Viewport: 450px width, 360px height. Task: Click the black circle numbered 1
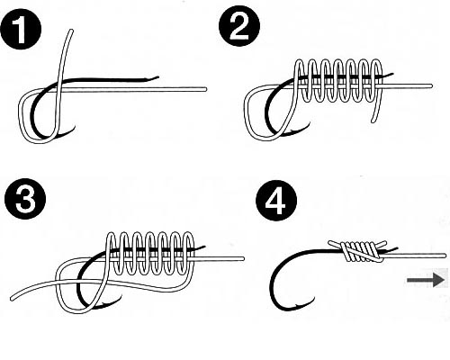[21, 30]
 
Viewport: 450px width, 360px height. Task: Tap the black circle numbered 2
[239, 26]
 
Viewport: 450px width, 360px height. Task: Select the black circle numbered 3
[25, 198]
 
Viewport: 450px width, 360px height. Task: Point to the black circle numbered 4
[276, 201]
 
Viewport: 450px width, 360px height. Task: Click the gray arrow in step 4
[425, 280]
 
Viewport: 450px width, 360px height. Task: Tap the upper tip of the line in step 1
[71, 31]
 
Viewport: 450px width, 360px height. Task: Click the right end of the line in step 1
[205, 89]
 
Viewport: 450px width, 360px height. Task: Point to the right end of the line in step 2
[431, 86]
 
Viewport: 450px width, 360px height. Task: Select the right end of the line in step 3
[243, 258]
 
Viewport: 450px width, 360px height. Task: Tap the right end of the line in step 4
[445, 256]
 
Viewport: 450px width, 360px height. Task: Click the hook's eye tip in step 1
[157, 77]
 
